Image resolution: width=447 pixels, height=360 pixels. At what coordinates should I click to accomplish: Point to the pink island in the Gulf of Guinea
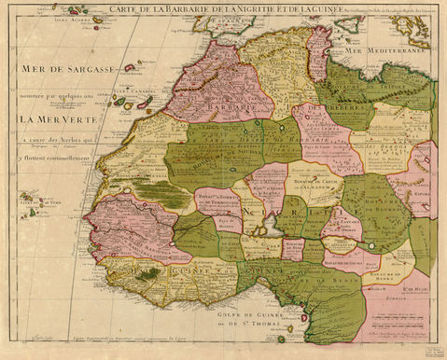[304, 320]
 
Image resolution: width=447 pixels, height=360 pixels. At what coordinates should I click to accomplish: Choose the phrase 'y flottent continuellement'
[57, 159]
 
